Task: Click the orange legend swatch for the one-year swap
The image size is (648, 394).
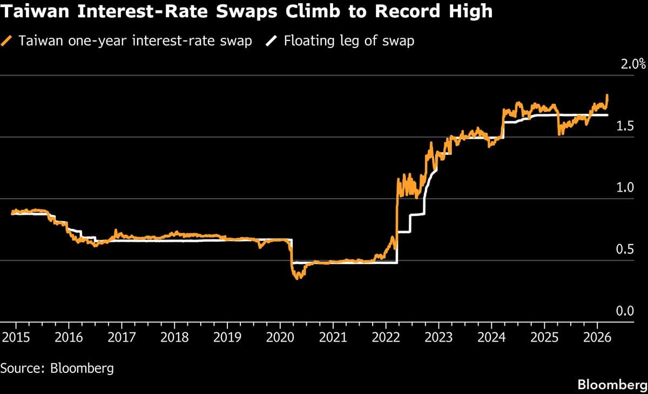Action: click(8, 41)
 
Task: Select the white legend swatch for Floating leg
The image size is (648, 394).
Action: click(273, 41)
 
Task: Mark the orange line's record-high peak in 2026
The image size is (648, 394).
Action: click(607, 96)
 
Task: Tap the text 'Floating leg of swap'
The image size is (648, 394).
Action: click(349, 41)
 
